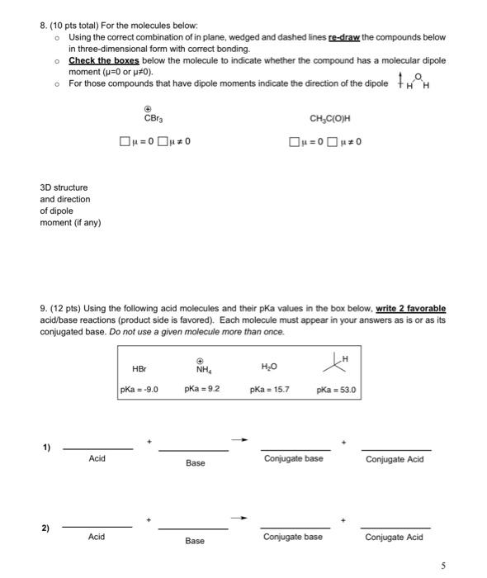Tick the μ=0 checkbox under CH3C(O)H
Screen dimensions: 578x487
tap(294, 141)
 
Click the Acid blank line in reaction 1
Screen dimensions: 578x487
tap(97, 448)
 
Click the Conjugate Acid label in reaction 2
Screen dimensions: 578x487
tap(395, 538)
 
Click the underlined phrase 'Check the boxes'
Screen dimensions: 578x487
tap(104, 60)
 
